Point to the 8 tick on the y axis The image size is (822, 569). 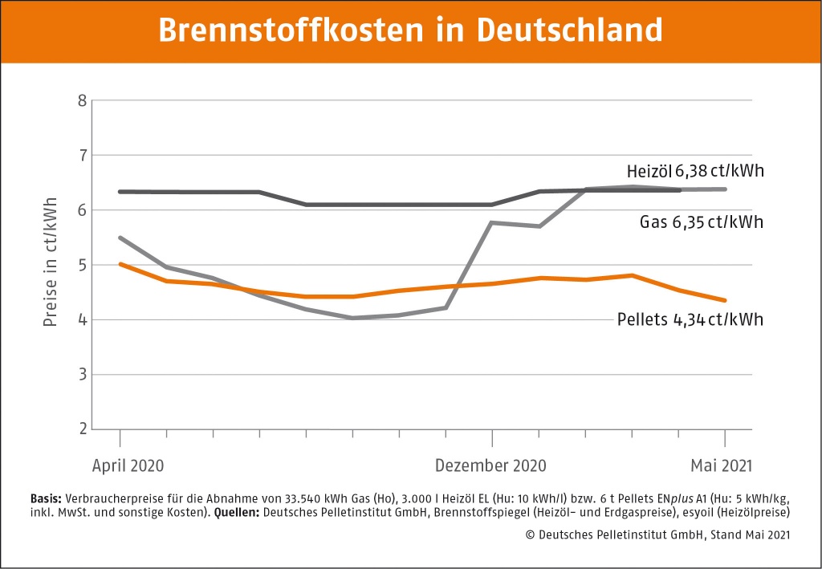click(82, 100)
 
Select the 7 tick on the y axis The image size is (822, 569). click(82, 155)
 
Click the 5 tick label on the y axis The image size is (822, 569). click(82, 265)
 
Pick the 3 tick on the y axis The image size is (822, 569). click(82, 375)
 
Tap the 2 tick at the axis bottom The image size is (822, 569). click(82, 429)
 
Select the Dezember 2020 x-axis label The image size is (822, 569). click(490, 465)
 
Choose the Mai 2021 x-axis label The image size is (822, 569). click(722, 465)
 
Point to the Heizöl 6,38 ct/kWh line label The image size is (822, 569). click(695, 172)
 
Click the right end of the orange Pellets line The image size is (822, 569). click(726, 301)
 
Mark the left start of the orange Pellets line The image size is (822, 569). click(120, 264)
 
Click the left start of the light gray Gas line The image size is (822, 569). click(120, 238)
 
